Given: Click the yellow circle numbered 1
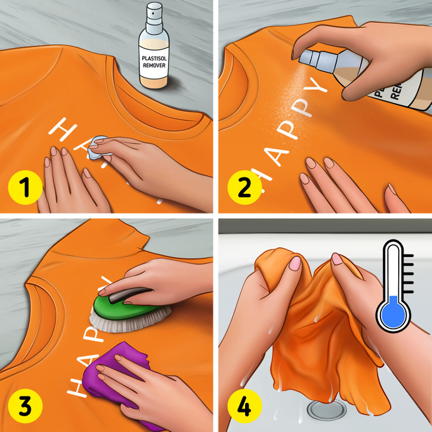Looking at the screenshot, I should point(24,189).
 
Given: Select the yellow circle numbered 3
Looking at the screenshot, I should point(24,406).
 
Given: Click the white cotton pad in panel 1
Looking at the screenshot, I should point(98,148).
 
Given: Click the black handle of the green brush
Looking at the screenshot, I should point(122,291).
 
